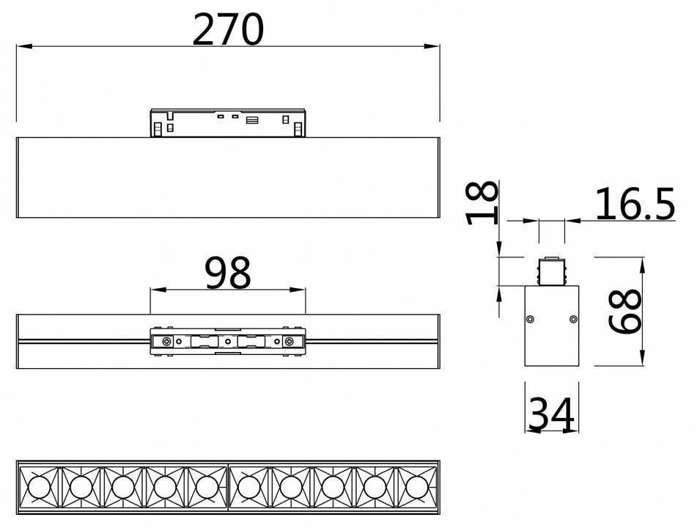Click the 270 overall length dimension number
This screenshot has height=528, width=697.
pos(227,29)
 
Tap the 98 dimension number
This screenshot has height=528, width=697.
pos(228,273)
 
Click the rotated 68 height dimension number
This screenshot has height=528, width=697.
pos(626,312)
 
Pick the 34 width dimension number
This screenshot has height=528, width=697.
pos(551,415)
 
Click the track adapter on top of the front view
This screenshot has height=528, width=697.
pos(228,123)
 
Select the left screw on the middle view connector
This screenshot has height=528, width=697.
pos(168,342)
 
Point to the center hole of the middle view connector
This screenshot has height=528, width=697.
pos(228,342)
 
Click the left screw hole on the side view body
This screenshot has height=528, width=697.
pos(530,318)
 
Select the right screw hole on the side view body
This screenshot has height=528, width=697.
pos(573,318)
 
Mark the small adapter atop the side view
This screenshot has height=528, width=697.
pos(551,271)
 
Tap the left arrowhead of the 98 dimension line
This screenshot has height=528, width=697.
pos(154,289)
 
